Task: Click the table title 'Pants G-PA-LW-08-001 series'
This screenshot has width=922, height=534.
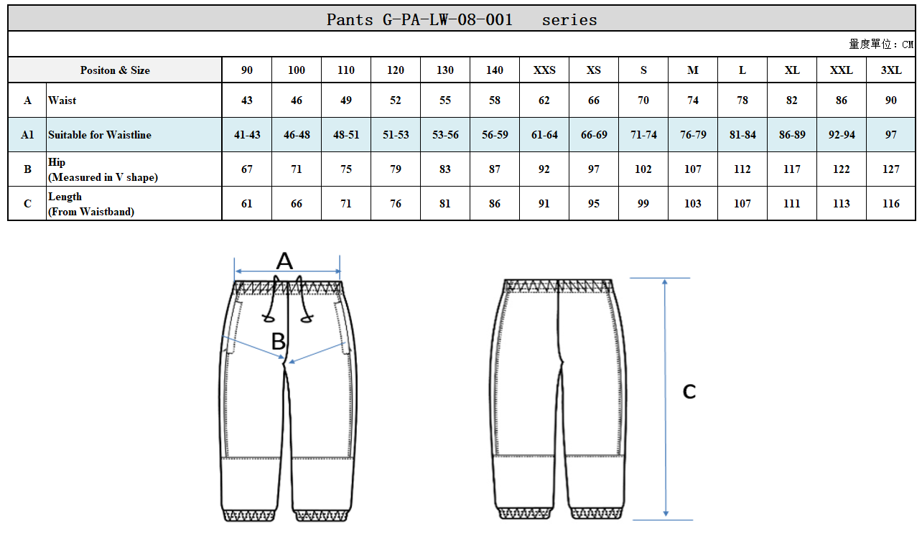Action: click(x=462, y=20)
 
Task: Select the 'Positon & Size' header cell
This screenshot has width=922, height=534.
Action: click(x=115, y=70)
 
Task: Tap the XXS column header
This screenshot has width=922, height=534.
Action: click(x=544, y=70)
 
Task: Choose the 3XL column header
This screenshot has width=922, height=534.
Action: click(x=890, y=70)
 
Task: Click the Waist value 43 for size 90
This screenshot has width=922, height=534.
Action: click(x=247, y=100)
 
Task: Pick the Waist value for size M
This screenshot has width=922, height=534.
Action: click(x=693, y=100)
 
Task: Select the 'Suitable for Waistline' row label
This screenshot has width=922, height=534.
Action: click(x=100, y=135)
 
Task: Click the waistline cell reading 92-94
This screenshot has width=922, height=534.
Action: click(x=842, y=135)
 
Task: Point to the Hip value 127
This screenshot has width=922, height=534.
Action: click(x=890, y=169)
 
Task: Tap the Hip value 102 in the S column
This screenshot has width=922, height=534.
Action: click(x=643, y=169)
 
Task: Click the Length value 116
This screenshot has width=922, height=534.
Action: click(x=890, y=204)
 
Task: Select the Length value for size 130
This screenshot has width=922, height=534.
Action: click(x=445, y=204)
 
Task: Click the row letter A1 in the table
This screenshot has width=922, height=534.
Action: click(x=27, y=135)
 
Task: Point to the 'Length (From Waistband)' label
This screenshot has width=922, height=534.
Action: click(x=91, y=204)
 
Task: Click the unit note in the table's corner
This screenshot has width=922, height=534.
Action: click(x=881, y=44)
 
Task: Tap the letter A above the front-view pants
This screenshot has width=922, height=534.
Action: click(x=284, y=261)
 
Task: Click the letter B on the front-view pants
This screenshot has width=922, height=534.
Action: click(x=278, y=341)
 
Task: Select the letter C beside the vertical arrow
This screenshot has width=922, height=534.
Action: click(x=689, y=391)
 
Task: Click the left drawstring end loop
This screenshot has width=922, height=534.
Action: click(x=269, y=318)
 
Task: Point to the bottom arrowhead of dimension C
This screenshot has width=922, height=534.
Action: click(x=666, y=513)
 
